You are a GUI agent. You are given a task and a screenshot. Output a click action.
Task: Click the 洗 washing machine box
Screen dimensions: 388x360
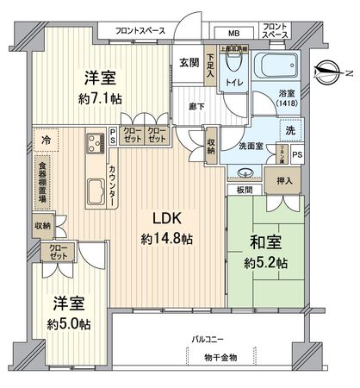(x=289, y=130)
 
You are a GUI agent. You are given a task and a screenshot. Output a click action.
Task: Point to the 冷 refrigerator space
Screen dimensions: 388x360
(x=47, y=138)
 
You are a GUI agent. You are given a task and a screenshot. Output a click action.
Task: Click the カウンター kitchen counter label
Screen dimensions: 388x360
(x=114, y=183)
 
